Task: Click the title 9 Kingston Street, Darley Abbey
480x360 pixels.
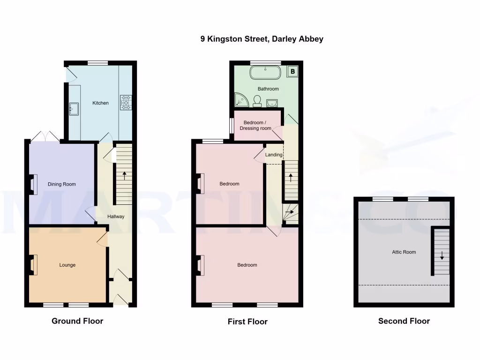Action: pyautogui.click(x=262, y=39)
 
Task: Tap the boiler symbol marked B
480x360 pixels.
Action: pyautogui.click(x=292, y=72)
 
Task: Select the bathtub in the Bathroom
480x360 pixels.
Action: pyautogui.click(x=265, y=73)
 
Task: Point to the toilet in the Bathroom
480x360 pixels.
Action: pyautogui.click(x=257, y=101)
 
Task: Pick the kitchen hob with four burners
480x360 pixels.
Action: pyautogui.click(x=126, y=103)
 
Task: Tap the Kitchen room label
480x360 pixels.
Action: pyautogui.click(x=100, y=103)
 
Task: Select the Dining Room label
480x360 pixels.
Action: pyautogui.click(x=61, y=184)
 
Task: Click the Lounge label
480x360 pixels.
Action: pyautogui.click(x=67, y=265)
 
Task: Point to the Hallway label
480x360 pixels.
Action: pyautogui.click(x=116, y=217)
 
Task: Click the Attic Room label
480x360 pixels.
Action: pyautogui.click(x=404, y=252)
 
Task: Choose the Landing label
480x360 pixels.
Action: pyautogui.click(x=274, y=155)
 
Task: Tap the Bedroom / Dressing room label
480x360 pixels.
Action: pyautogui.click(x=255, y=126)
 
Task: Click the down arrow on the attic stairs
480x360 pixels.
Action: pyautogui.click(x=442, y=256)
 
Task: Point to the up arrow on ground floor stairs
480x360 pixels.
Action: pyautogui.click(x=124, y=176)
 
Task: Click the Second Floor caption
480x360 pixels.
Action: pyautogui.click(x=404, y=321)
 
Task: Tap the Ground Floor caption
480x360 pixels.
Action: pyautogui.click(x=77, y=321)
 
